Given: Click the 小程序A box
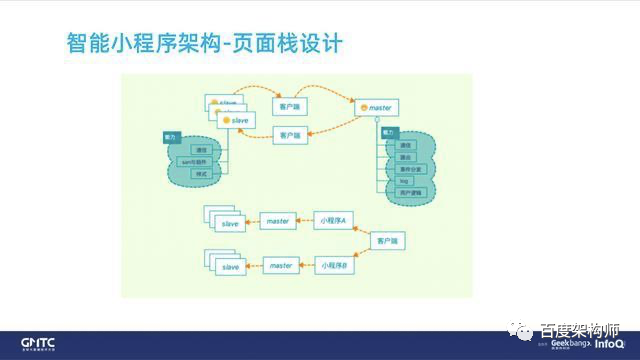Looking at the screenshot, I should pyautogui.click(x=334, y=220).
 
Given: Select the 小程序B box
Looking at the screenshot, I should pyautogui.click(x=334, y=266).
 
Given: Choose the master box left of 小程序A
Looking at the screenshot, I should pyautogui.click(x=277, y=220).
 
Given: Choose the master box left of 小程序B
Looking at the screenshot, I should pyautogui.click(x=280, y=266).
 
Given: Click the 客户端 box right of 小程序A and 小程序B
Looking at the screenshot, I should pyautogui.click(x=387, y=242).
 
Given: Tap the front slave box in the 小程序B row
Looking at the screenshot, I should pyautogui.click(x=230, y=267).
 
